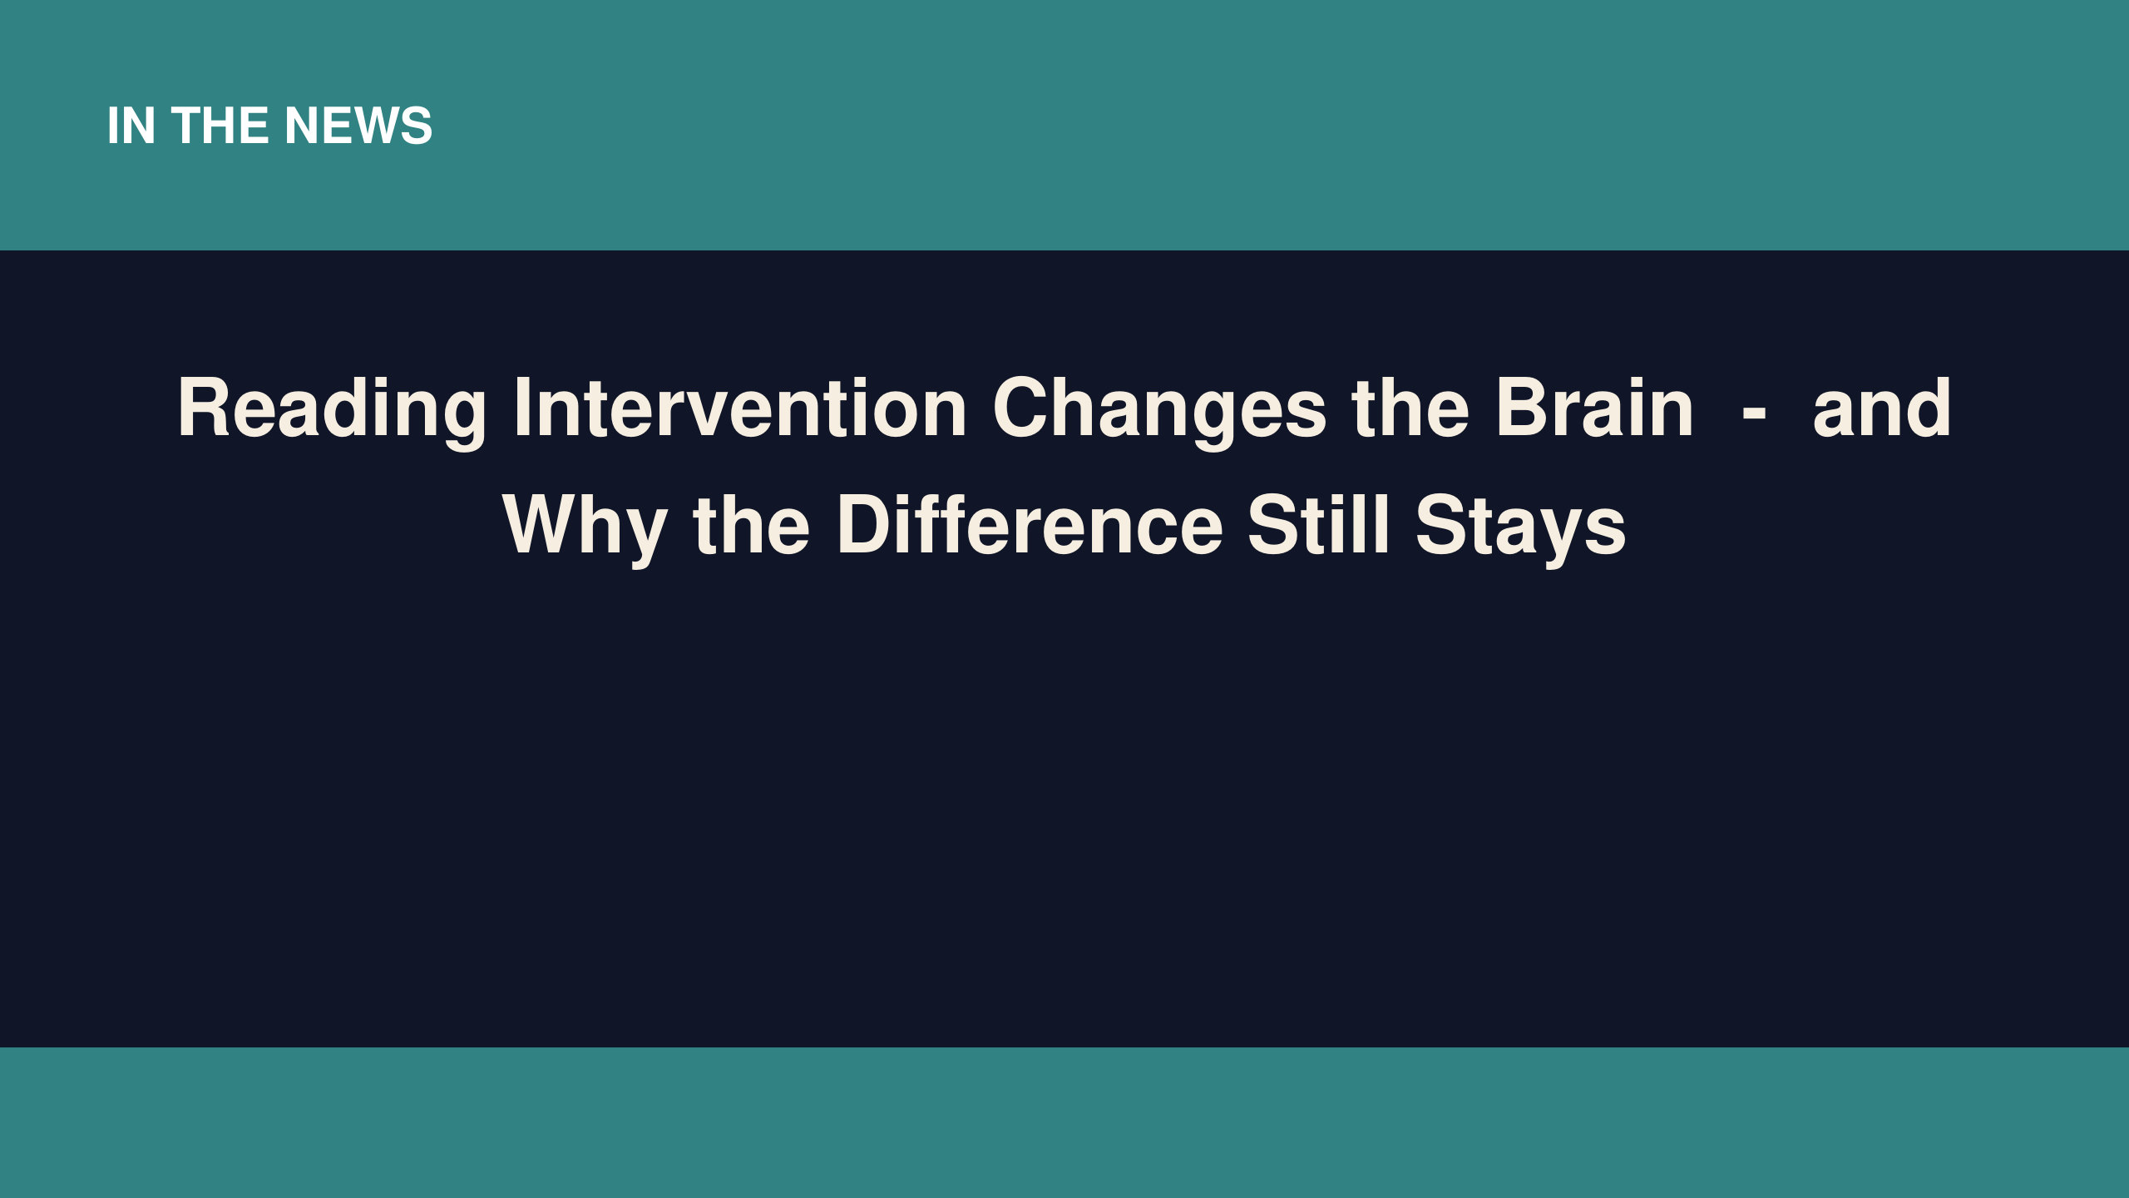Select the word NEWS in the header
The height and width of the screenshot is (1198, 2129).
pos(358,126)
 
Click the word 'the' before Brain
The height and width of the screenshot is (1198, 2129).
pos(1410,407)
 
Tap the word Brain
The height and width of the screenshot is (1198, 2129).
pos(1595,407)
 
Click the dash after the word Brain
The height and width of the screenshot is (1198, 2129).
pos(1753,412)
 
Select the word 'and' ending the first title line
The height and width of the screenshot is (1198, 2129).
pos(1881,407)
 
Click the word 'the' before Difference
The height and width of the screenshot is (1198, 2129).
pos(751,525)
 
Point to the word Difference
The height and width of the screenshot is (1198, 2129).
pos(1030,525)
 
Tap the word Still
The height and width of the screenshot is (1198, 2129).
pos(1319,524)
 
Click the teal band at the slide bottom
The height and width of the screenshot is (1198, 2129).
pos(1064,1122)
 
